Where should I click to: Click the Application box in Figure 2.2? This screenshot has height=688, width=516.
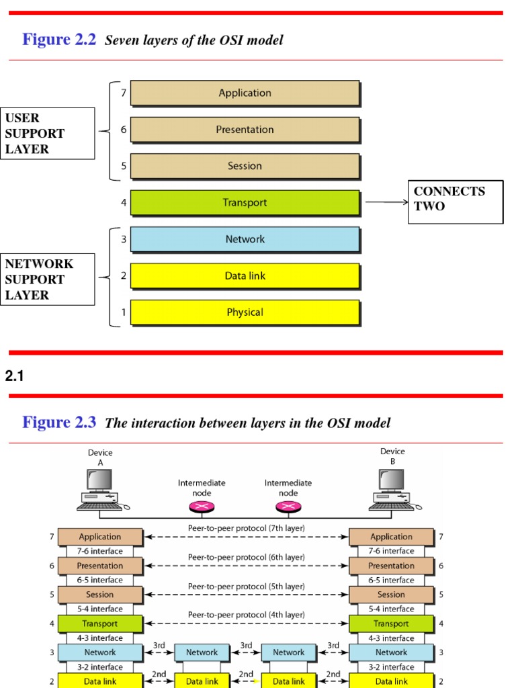[245, 93]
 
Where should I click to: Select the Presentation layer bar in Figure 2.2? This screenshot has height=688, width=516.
[245, 130]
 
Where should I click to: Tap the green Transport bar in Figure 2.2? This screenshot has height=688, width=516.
[245, 202]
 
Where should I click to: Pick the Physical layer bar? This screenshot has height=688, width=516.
[245, 312]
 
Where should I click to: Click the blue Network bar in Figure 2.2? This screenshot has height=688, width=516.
[245, 239]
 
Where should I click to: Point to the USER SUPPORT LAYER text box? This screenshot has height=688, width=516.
[48, 134]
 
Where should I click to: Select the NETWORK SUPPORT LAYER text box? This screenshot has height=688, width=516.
[48, 279]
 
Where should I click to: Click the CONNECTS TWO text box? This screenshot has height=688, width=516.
[456, 202]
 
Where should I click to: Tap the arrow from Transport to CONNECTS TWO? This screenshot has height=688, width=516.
[386, 202]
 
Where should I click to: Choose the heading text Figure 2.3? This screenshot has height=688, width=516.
[59, 423]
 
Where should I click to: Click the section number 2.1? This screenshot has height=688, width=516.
[15, 377]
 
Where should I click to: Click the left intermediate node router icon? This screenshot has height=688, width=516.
[202, 507]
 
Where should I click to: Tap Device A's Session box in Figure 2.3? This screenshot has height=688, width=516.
[100, 595]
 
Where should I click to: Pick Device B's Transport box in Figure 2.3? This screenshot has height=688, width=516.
[391, 623]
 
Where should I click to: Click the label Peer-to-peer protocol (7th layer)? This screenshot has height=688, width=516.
[246, 529]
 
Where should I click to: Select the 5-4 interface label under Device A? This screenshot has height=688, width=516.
[100, 609]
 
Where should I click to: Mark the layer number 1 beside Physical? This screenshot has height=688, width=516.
[123, 312]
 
